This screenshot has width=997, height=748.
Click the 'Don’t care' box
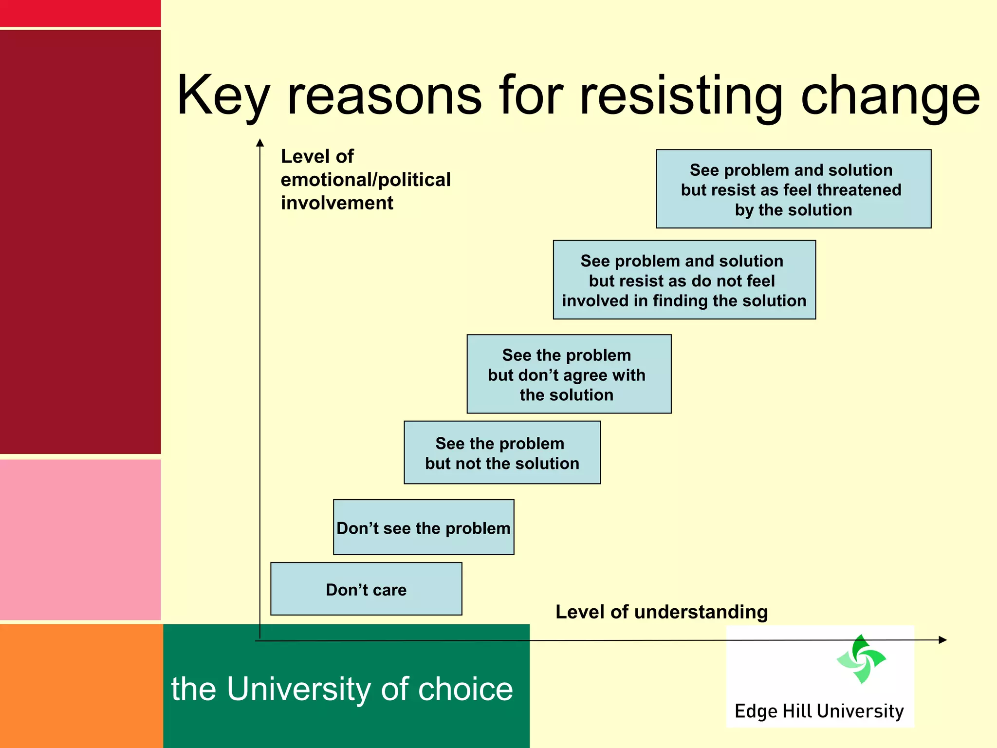pos(366,589)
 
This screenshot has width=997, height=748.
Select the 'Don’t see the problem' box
pos(424,527)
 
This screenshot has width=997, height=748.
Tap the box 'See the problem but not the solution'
pos(502,453)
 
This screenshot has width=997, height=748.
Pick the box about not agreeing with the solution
pos(569,374)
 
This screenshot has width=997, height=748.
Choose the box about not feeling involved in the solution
pos(684,280)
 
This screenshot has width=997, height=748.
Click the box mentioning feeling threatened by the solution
pos(793,189)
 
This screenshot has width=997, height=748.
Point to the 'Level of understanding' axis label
pos(661,612)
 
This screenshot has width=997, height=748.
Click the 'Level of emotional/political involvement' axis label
pos(365,179)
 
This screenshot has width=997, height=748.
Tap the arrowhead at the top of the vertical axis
pos(260,143)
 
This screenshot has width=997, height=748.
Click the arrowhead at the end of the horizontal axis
pos(942,640)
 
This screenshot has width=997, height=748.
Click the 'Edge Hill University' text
pos(819,711)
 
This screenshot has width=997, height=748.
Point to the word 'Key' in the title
pos(222,96)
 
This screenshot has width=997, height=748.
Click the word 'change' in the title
pos(890,96)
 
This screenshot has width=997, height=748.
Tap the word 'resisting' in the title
pos(681,96)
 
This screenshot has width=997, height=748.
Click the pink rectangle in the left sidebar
pos(80,539)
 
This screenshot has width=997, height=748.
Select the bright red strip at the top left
pos(80,13)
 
